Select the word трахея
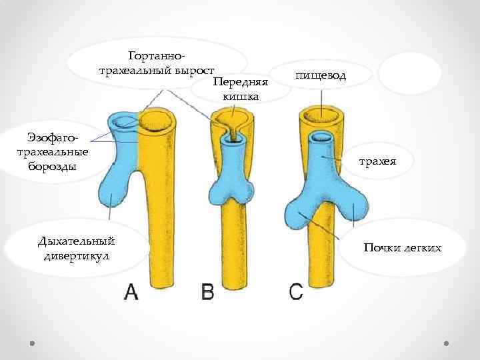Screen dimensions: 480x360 coord(378,161)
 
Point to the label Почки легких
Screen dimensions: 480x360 coord(403,248)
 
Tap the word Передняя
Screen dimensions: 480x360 coord(239,83)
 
